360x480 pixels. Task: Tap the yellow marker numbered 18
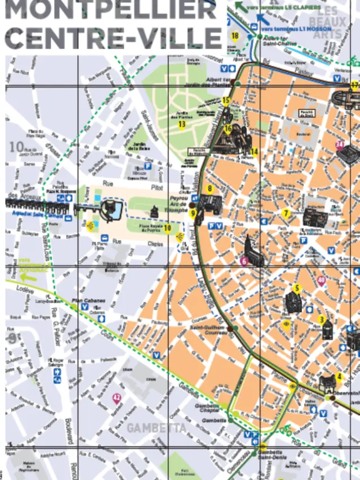(x=235, y=37)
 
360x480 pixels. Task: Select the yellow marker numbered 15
(x=226, y=101)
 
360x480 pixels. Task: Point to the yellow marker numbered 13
(x=182, y=124)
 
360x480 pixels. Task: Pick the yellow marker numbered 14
(x=254, y=151)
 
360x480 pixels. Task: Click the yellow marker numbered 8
(x=210, y=189)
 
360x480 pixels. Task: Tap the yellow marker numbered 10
(x=167, y=228)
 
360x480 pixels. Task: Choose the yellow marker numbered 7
(x=286, y=213)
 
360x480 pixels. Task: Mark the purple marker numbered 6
(x=244, y=261)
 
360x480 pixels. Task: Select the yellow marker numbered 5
(x=296, y=289)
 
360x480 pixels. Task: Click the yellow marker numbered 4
(x=339, y=377)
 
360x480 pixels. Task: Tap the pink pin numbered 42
(x=116, y=399)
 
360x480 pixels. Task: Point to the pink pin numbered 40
(x=322, y=280)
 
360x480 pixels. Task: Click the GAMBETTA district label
(x=156, y=428)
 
